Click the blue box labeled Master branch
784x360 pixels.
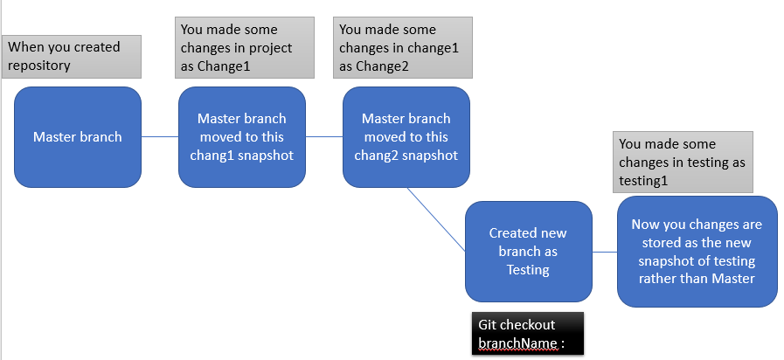click(x=78, y=136)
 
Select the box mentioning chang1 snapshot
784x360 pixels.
click(x=241, y=136)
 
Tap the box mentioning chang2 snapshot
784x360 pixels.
click(x=406, y=136)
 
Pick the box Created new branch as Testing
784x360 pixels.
click(x=528, y=252)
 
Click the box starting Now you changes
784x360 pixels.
click(x=697, y=252)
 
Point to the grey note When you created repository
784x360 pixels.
click(x=73, y=56)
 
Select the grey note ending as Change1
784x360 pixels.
click(x=244, y=47)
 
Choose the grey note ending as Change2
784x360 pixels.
click(x=405, y=47)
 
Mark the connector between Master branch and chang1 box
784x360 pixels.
click(x=160, y=136)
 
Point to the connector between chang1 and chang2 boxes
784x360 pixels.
click(x=323, y=136)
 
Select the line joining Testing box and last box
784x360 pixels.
click(x=605, y=252)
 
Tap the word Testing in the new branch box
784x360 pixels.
click(x=528, y=270)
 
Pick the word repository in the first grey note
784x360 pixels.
click(x=39, y=65)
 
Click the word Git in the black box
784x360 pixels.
click(x=488, y=325)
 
